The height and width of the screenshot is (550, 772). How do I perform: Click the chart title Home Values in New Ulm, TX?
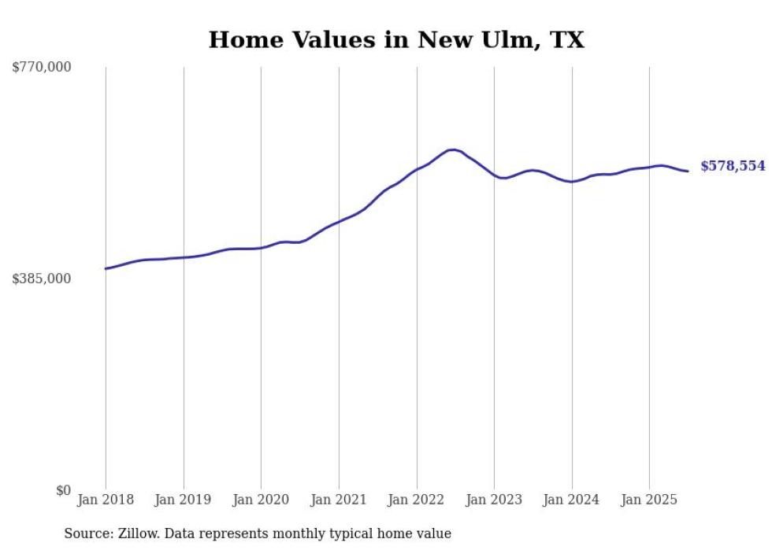click(x=396, y=39)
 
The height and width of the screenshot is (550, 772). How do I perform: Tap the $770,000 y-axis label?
click(x=42, y=68)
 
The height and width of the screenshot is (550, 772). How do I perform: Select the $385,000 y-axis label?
click(x=42, y=279)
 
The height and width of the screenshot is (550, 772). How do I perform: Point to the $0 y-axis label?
click(x=63, y=490)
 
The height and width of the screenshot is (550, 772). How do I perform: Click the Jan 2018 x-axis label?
click(x=106, y=500)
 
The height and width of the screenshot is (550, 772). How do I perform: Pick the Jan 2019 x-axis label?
click(x=184, y=500)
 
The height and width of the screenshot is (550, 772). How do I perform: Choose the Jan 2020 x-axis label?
click(x=261, y=500)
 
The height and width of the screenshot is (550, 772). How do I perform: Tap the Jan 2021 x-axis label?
click(x=339, y=500)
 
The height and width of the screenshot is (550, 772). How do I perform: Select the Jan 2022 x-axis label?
click(x=417, y=500)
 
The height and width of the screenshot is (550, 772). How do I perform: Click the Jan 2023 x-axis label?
click(x=494, y=500)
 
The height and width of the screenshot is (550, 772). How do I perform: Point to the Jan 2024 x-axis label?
click(x=572, y=500)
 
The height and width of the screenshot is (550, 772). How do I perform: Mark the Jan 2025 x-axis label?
click(x=649, y=500)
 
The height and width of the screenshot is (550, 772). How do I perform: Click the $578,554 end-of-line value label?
click(x=733, y=166)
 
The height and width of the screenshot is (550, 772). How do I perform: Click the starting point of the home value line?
click(x=106, y=269)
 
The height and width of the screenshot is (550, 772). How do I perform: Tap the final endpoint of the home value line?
click(x=688, y=171)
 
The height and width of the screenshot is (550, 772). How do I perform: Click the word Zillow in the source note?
click(x=139, y=533)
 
